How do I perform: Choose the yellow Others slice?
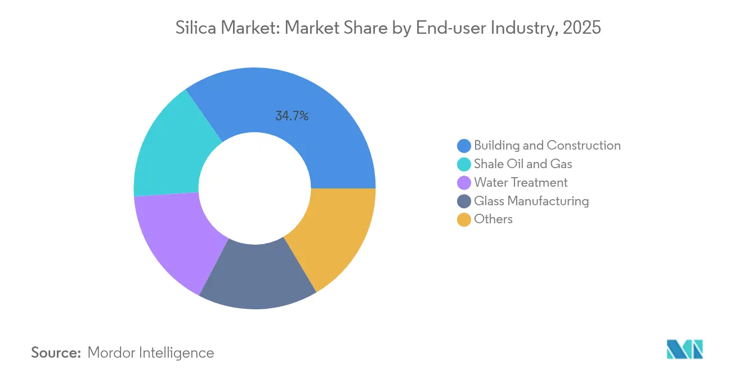[335, 236]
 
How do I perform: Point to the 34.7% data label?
[292, 116]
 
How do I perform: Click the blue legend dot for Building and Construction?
[464, 146]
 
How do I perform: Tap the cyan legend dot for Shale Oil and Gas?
[464, 164]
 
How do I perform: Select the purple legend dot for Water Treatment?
[464, 183]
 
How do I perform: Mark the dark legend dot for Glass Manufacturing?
[464, 201]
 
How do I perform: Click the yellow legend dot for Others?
[464, 219]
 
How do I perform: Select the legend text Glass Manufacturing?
[531, 201]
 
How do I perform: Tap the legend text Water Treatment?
[521, 183]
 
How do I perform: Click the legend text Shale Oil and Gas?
[523, 164]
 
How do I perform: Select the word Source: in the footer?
[56, 353]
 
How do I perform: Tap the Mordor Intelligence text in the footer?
[151, 353]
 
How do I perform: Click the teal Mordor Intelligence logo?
[684, 349]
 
